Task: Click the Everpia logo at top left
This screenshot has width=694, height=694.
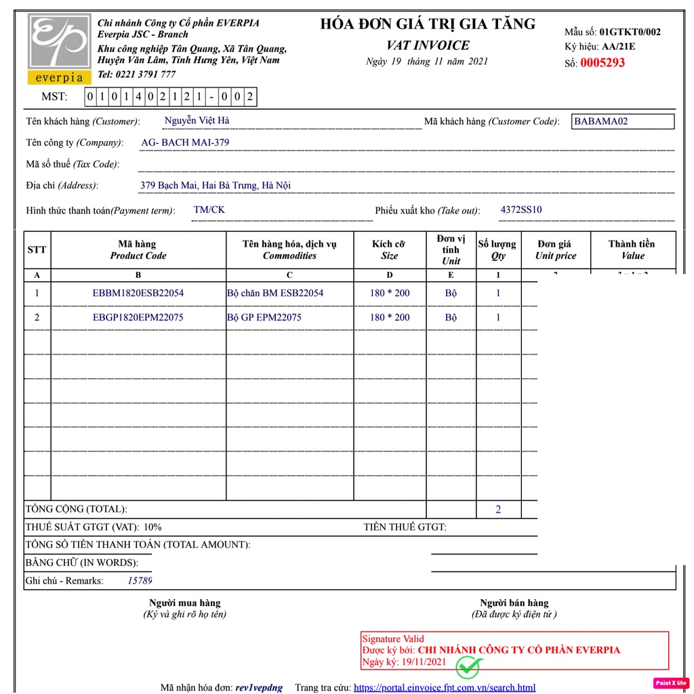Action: [x=59, y=48]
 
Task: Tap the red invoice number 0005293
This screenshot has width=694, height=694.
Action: [x=602, y=63]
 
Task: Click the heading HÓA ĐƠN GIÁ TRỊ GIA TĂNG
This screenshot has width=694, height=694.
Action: [x=428, y=24]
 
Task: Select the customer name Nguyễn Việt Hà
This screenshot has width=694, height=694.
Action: [x=197, y=121]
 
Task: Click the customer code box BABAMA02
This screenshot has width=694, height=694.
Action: [x=622, y=121]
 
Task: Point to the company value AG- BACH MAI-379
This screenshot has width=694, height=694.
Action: [x=185, y=142]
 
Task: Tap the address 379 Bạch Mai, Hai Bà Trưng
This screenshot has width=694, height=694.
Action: [x=216, y=185]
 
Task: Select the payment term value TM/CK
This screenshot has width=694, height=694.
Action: [x=209, y=209]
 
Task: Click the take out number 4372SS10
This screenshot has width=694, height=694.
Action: [x=520, y=209]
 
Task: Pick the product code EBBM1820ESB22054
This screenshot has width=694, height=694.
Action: [x=138, y=293]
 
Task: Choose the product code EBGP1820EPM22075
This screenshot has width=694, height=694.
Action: [x=138, y=317]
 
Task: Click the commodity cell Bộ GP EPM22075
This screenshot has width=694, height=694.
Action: [x=264, y=317]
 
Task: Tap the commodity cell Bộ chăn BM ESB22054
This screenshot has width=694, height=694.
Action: [x=275, y=293]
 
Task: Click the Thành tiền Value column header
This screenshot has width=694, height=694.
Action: [x=632, y=249]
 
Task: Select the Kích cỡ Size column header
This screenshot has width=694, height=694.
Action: [x=390, y=249]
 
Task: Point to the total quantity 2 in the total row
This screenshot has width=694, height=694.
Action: [x=498, y=509]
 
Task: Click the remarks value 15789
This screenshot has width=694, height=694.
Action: [x=140, y=580]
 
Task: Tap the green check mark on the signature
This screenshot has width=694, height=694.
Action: [x=467, y=667]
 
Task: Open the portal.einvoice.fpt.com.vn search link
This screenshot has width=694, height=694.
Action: [x=445, y=687]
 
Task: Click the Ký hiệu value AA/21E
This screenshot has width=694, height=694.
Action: [x=619, y=47]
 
